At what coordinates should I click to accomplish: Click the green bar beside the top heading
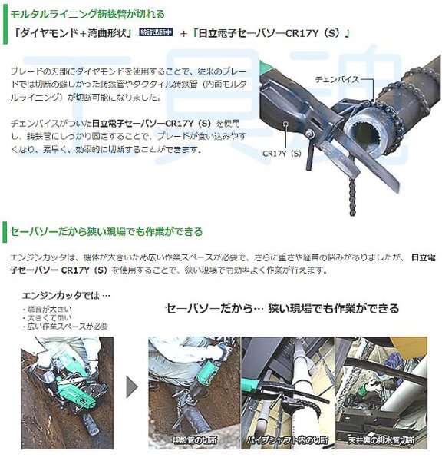click(4, 14)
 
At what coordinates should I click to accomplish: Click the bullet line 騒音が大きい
click(45, 308)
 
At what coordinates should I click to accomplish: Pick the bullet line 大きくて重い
click(47, 317)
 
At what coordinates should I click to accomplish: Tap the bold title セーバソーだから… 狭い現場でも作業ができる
click(283, 309)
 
